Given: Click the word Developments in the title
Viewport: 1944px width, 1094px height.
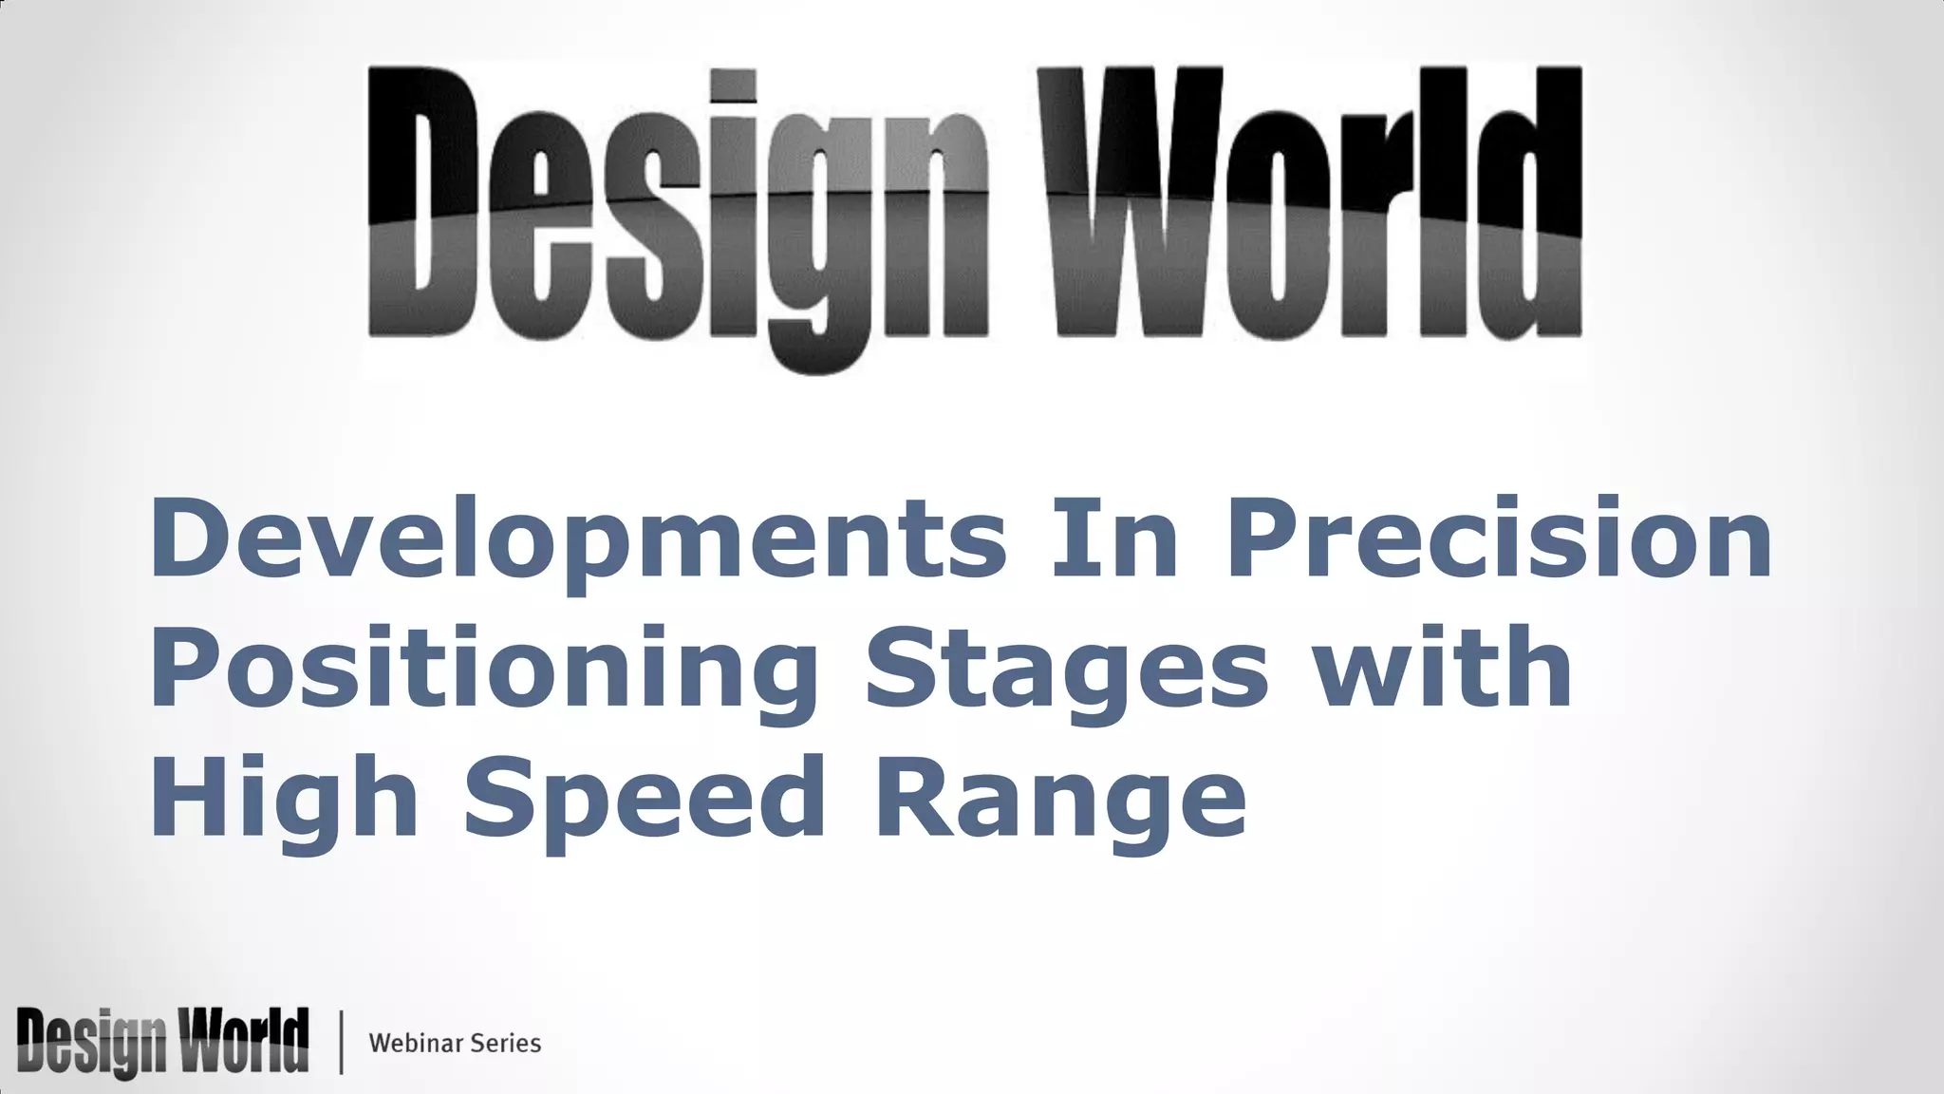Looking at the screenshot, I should pos(578,539).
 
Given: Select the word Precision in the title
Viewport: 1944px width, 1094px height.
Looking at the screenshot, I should pos(1499,539).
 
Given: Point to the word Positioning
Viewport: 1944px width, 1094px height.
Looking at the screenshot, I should pos(484,670).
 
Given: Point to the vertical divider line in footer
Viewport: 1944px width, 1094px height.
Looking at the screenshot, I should pos(341,1043).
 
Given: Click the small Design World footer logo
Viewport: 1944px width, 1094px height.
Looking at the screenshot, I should pos(162,1042).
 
